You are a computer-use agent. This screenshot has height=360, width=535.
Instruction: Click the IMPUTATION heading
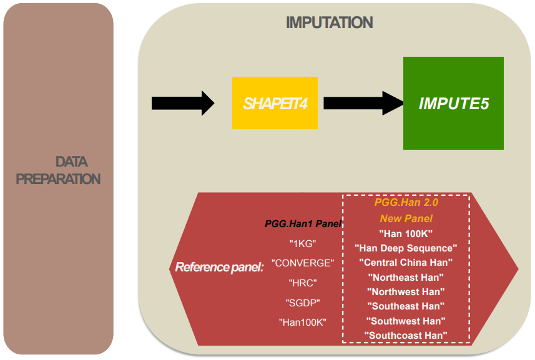click(x=329, y=23)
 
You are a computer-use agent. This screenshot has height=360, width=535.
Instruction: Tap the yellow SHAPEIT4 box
click(x=275, y=103)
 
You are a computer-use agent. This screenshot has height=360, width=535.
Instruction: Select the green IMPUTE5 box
click(x=453, y=103)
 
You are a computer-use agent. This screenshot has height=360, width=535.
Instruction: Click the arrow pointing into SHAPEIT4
click(x=183, y=103)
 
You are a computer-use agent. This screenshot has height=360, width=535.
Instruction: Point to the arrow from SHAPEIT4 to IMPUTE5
click(x=364, y=103)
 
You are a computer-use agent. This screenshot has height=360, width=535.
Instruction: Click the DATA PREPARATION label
click(x=58, y=170)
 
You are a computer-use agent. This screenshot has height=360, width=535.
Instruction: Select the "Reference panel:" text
click(x=219, y=267)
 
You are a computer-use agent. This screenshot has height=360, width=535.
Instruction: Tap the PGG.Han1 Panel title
click(x=303, y=223)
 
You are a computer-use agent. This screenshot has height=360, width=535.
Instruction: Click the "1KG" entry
click(x=303, y=244)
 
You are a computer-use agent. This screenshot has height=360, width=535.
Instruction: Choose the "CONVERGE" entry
click(x=303, y=263)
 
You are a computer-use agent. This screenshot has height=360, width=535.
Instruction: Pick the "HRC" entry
click(x=303, y=283)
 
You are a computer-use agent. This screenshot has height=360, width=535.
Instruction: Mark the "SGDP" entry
click(x=303, y=303)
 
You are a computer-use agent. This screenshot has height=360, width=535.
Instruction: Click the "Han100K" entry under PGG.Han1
click(x=303, y=322)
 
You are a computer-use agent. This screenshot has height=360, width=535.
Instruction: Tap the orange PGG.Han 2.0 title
click(x=406, y=203)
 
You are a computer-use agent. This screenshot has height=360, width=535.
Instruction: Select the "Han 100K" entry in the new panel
click(x=406, y=233)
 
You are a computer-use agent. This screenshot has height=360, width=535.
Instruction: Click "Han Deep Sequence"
click(x=406, y=248)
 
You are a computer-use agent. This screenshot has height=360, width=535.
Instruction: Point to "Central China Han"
click(x=406, y=263)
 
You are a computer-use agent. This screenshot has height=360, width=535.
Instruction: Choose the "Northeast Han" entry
click(x=406, y=278)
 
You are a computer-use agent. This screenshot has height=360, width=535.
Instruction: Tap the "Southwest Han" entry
click(x=406, y=321)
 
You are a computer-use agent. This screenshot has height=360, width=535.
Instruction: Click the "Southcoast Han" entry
click(x=406, y=336)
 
